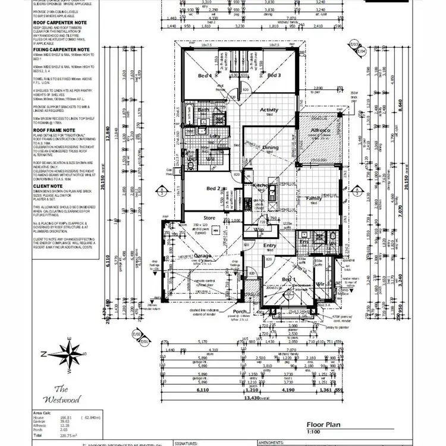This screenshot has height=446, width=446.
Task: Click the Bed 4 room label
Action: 205,76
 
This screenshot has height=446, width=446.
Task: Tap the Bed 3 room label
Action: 274,76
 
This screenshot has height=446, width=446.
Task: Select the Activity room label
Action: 269,110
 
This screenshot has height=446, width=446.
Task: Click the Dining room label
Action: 271,147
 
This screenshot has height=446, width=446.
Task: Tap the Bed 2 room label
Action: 214,189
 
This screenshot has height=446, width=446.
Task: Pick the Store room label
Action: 209,218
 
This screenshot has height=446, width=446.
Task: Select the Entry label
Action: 270,246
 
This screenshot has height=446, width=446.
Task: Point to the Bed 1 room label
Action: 288,279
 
